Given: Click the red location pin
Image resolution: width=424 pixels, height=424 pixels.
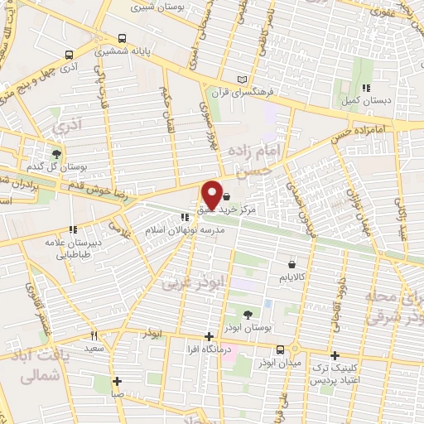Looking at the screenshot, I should pos(212,194).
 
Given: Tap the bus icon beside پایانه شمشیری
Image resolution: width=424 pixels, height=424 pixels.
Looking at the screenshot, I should pos(123,38).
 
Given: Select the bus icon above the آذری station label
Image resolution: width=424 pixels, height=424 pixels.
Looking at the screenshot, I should pos(69,55).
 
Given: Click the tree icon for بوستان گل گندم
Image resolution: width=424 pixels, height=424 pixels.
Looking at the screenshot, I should pos(56,153).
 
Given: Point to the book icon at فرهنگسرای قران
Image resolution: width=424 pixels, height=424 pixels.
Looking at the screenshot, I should pos(242,79).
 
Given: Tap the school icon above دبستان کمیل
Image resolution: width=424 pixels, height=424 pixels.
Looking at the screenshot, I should pos(365,87).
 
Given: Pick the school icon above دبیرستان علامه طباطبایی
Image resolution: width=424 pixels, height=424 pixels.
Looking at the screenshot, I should pos(73,229).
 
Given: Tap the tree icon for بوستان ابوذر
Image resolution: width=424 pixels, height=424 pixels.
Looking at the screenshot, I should pos(248,314).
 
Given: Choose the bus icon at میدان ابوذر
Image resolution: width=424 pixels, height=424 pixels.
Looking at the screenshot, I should pos(281,349).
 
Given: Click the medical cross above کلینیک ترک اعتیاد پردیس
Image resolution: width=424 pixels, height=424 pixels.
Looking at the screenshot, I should pos(334,354).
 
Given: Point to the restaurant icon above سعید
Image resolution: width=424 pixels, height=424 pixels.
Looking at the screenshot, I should pos(94,335).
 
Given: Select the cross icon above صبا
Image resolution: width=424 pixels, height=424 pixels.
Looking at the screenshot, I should pos(117,382).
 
